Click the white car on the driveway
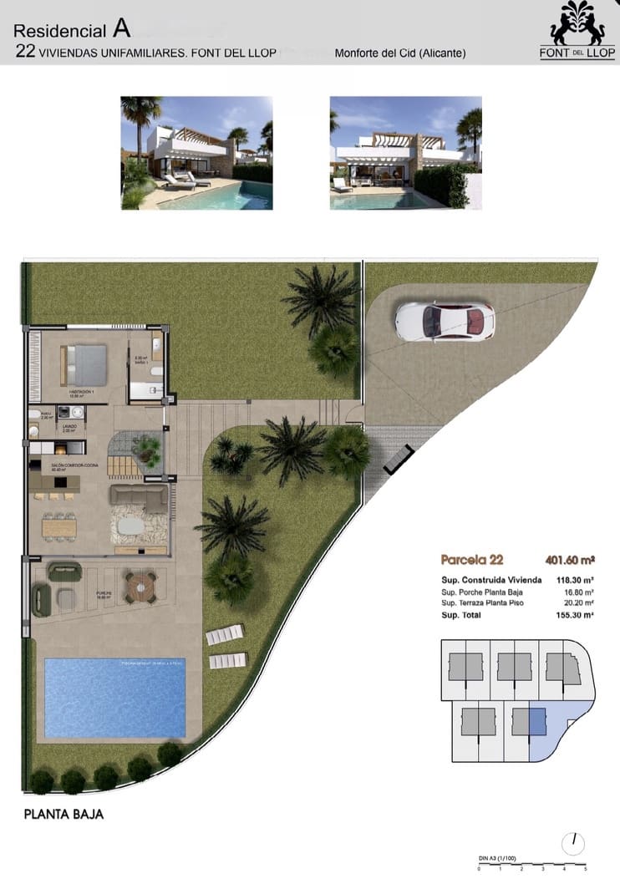tap(445, 321)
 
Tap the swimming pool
tap(114, 698)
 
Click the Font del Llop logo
tap(577, 31)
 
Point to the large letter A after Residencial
tap(122, 28)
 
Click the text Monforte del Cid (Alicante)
tap(399, 53)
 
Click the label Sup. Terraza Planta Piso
tap(482, 602)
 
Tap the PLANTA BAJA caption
tap(64, 814)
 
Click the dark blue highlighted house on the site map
tap(536, 719)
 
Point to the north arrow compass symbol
tap(575, 842)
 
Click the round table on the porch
tap(140, 586)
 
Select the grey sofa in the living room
tap(139, 498)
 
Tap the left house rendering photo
tap(196, 152)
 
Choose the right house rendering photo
tap(405, 152)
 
